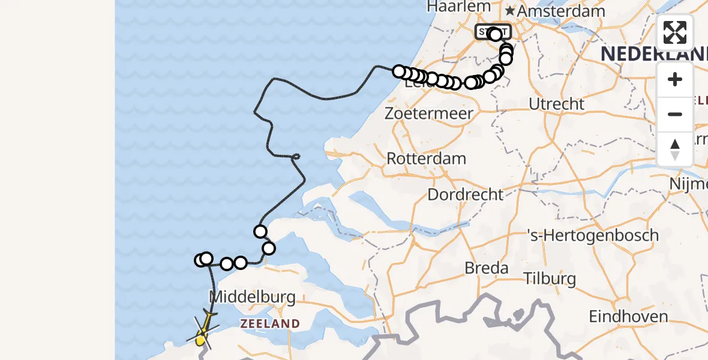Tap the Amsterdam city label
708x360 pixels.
[561, 11]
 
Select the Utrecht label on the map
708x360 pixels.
[556, 104]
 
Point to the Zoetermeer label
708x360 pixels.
[430, 113]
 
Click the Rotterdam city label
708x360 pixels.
[427, 159]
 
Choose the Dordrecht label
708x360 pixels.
[465, 194]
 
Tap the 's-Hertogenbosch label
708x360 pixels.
[592, 235]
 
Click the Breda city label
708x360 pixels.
[487, 268]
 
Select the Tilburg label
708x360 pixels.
[550, 278]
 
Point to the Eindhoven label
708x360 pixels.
[628, 316]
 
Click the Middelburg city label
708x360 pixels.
[253, 296]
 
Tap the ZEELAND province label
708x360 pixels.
[270, 324]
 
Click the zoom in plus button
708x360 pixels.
[675, 79]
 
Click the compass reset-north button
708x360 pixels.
[675, 149]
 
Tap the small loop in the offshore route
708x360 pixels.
[295, 157]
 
